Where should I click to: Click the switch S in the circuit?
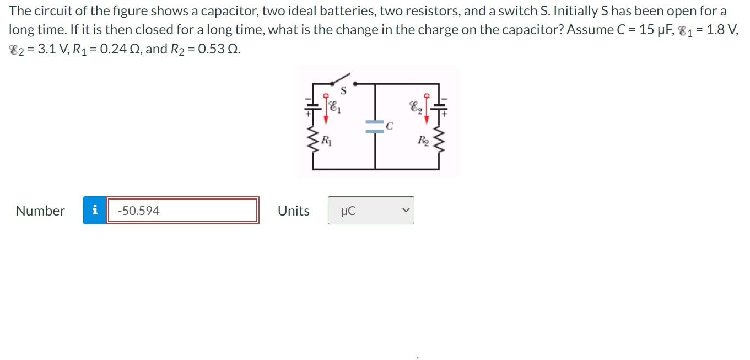(x=342, y=80)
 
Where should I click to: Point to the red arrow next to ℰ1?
(x=327, y=104)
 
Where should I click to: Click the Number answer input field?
(x=183, y=211)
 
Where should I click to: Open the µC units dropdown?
(x=371, y=211)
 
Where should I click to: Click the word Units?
(x=293, y=211)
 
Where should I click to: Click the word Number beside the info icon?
(x=40, y=211)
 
